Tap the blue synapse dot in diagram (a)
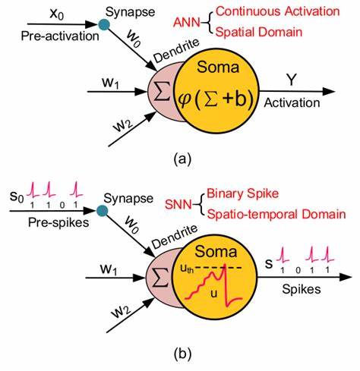coord(103,28)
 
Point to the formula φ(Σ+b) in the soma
coord(218,99)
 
